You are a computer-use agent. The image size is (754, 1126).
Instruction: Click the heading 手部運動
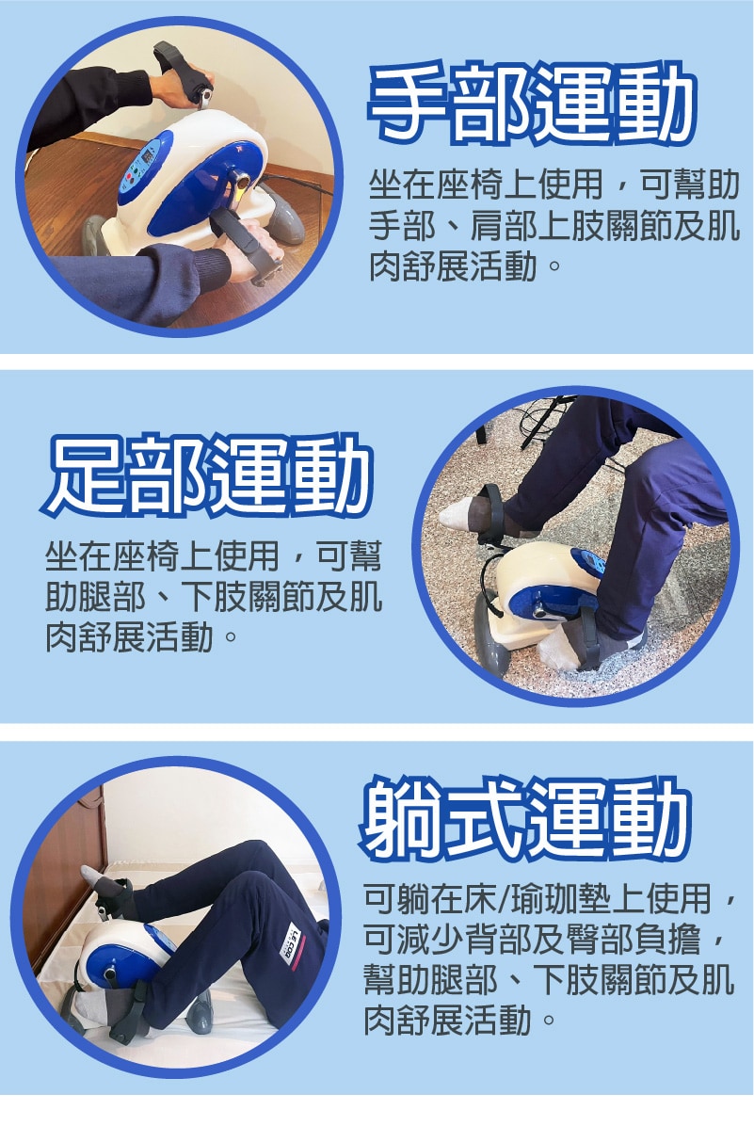pyautogui.click(x=532, y=104)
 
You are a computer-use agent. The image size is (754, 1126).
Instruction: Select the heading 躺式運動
pyautogui.click(x=526, y=821)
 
